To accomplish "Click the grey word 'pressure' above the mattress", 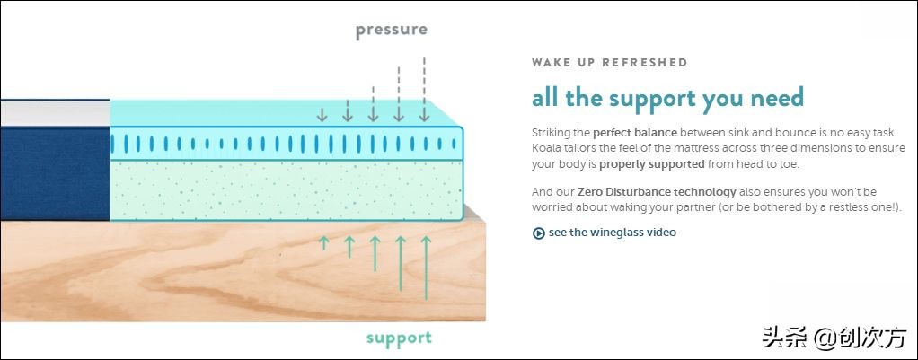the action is (x=391, y=31).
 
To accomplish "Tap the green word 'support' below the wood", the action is (x=400, y=338).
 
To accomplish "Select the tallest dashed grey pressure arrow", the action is (x=425, y=90).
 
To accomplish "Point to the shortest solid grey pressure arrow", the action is (x=322, y=114).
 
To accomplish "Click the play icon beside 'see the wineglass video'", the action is (x=539, y=233).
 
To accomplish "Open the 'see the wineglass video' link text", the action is (x=613, y=233).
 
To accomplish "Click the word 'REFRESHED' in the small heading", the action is (x=645, y=63).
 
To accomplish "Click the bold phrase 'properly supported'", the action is (x=651, y=164).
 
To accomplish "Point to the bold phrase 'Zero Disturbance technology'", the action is (x=657, y=191).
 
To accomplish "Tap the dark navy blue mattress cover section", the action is (x=55, y=173).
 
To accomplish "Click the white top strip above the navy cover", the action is (x=55, y=112).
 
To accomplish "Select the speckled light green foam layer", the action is (x=287, y=189).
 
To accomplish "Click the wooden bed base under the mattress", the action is (x=243, y=272).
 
